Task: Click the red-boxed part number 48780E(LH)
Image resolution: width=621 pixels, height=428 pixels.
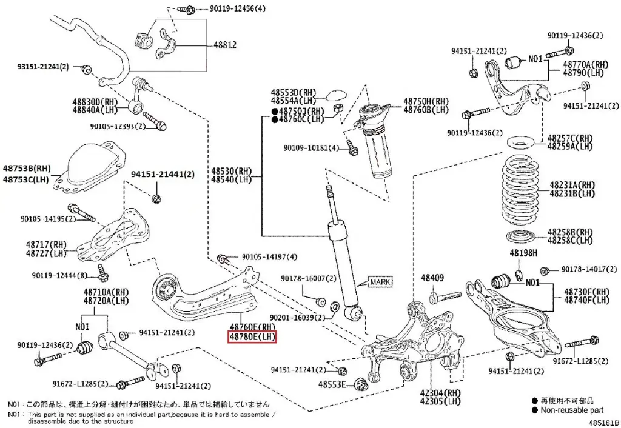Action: [x=252, y=336]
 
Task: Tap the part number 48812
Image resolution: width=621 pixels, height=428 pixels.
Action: [x=224, y=45]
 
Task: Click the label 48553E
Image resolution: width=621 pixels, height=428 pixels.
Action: [x=334, y=384]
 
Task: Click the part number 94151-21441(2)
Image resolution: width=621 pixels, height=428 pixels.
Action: [x=163, y=175]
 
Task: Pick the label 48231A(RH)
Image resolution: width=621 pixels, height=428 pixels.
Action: [x=572, y=185]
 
